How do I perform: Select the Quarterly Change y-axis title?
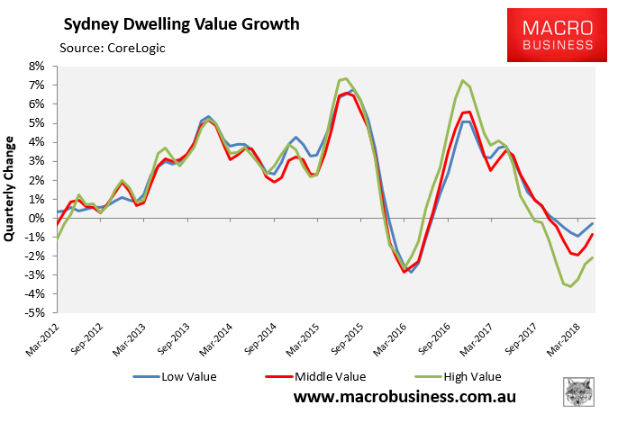12,188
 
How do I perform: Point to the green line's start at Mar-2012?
56,239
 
